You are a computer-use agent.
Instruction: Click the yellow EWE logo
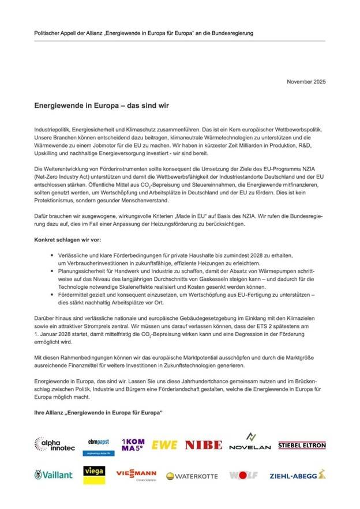click(x=165, y=445)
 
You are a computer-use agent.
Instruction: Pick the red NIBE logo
click(x=203, y=445)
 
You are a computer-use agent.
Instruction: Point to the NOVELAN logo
click(x=249, y=443)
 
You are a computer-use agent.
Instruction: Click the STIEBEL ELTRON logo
click(x=302, y=445)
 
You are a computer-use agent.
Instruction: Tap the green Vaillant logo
click(x=53, y=475)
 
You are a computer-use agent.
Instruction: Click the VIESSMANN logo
click(x=136, y=475)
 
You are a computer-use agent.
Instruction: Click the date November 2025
click(x=306, y=82)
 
